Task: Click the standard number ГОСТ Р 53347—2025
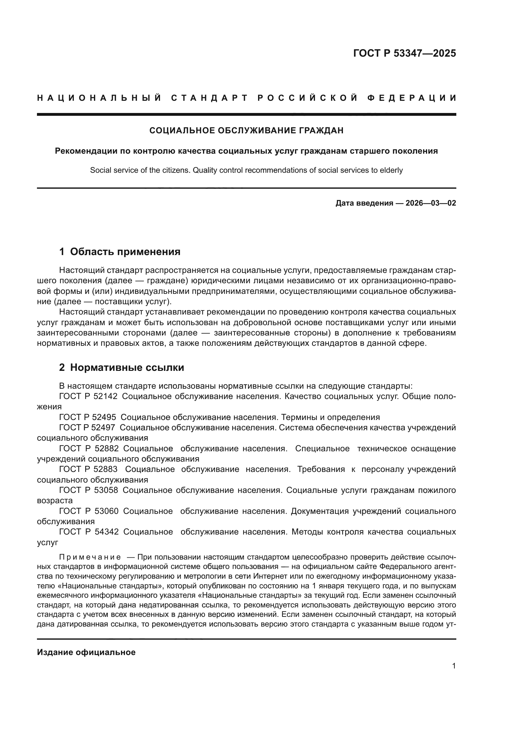point(404,53)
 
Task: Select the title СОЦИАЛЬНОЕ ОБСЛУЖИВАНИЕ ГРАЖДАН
point(246,131)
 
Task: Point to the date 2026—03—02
point(431,203)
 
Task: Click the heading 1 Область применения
point(120,252)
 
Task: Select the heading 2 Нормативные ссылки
point(122,368)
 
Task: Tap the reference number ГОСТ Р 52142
point(88,397)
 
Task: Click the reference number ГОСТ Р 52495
point(88,417)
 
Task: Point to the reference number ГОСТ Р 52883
point(88,469)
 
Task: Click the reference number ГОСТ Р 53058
point(88,490)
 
